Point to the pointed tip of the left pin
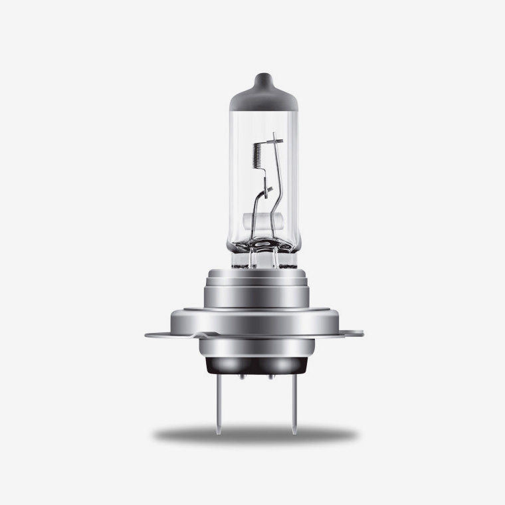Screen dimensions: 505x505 click(x=219, y=432)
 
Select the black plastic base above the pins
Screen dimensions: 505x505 click(x=255, y=361)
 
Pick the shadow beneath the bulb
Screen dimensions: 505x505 click(x=255, y=435)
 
